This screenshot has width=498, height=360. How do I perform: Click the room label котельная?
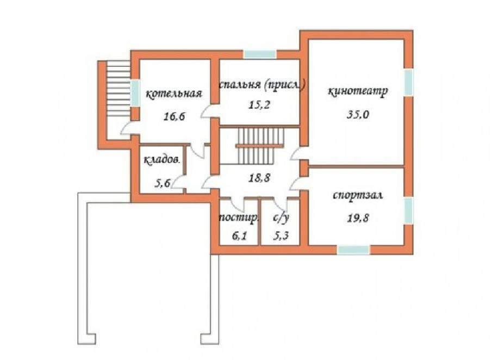pos(174,94)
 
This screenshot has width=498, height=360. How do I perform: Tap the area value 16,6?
pos(174,116)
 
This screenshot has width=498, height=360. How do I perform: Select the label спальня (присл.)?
pos(262,85)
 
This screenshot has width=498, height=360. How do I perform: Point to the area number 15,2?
pos(259,104)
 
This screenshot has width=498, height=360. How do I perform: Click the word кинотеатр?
pos(358,91)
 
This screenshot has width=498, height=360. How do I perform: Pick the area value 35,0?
pos(358,114)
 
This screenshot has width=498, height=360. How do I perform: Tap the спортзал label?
pos(358,195)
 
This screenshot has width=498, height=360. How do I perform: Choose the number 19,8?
pos(358,218)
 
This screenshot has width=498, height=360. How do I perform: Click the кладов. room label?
pos(161,159)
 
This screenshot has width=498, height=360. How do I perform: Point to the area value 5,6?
pos(163,183)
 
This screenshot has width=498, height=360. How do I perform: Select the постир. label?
pos(239,218)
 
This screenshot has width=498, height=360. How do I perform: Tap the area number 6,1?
pos(239,236)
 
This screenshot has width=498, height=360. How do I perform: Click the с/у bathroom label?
pos(281,218)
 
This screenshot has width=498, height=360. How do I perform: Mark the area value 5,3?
pos(282,236)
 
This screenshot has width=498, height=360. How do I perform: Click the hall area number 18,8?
pos(259,178)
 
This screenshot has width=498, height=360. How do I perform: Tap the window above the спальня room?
pos(259,54)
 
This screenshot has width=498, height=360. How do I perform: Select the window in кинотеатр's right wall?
pos(408,82)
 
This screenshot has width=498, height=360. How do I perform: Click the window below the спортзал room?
pos(353,250)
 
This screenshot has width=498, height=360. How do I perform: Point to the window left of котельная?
pos(135,93)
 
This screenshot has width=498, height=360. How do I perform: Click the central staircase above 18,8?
pos(260,146)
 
